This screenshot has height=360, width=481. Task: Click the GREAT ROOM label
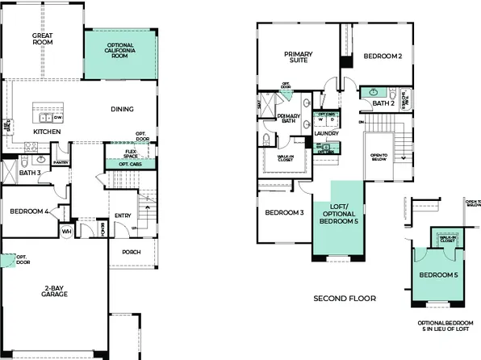(x=43, y=40)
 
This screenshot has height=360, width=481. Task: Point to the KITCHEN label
(x=47, y=131)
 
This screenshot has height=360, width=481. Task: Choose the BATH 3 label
(x=31, y=172)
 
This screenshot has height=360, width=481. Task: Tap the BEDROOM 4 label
(x=29, y=211)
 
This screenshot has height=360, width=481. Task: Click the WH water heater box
(x=67, y=231)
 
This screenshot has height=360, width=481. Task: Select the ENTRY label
(x=123, y=216)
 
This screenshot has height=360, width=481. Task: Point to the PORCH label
(x=131, y=252)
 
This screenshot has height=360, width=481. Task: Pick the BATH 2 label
(x=383, y=104)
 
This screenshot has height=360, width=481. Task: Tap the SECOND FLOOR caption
(x=345, y=298)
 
